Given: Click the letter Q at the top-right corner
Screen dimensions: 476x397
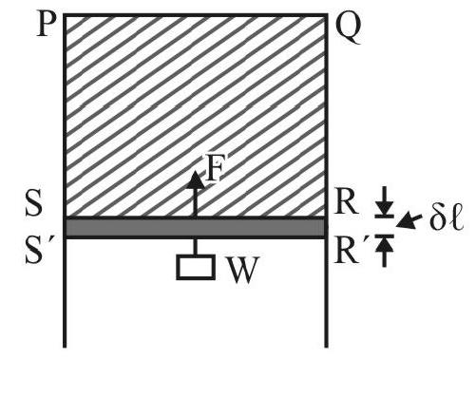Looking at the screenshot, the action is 348,28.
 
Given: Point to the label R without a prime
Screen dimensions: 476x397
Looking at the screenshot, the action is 347,203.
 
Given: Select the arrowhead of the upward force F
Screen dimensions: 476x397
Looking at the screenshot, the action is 195,180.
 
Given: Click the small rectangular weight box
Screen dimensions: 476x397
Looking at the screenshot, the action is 196,267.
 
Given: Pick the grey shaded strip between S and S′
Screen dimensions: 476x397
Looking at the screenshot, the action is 196,228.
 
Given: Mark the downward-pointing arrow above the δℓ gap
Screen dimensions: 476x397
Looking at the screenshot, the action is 385,201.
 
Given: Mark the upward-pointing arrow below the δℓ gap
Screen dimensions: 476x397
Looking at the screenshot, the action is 385,252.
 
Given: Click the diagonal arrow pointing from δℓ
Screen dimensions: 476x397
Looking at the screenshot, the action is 409,220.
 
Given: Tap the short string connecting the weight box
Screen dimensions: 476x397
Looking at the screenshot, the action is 196,247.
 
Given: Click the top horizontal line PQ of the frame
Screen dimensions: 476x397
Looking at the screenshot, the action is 196,15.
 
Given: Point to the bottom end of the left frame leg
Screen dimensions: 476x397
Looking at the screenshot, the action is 65,347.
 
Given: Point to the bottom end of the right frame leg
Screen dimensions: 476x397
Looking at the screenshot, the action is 327,347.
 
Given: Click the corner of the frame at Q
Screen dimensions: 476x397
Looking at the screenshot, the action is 327,14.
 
